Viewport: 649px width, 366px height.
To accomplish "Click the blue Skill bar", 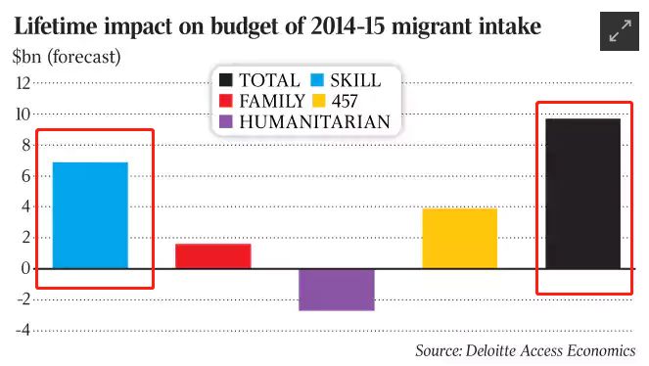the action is (90, 215).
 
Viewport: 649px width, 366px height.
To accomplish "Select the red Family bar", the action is (213, 256).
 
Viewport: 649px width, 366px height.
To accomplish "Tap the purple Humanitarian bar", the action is (337, 290).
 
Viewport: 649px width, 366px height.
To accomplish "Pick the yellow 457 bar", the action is (460, 238).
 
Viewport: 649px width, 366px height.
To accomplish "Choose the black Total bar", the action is (582, 194).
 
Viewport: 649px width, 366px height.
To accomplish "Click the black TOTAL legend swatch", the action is (225, 80).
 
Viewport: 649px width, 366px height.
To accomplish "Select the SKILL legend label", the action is (355, 80).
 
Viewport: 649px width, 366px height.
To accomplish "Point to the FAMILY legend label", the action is (271, 101).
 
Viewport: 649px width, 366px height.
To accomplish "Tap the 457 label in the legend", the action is (344, 102).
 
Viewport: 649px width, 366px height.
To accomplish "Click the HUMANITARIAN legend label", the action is (314, 122).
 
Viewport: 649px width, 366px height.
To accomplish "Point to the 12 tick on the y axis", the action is (23, 83).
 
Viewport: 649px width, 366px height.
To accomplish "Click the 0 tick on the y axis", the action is (25, 268).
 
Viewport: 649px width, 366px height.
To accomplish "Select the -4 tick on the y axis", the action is (23, 331).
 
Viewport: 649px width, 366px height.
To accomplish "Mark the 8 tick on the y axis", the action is (26, 145).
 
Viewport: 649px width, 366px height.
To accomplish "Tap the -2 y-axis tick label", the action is (23, 299).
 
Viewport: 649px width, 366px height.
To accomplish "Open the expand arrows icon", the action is (620, 31).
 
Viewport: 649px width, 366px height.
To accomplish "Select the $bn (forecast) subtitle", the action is (67, 57).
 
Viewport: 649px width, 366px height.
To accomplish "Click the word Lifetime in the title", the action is (56, 26).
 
